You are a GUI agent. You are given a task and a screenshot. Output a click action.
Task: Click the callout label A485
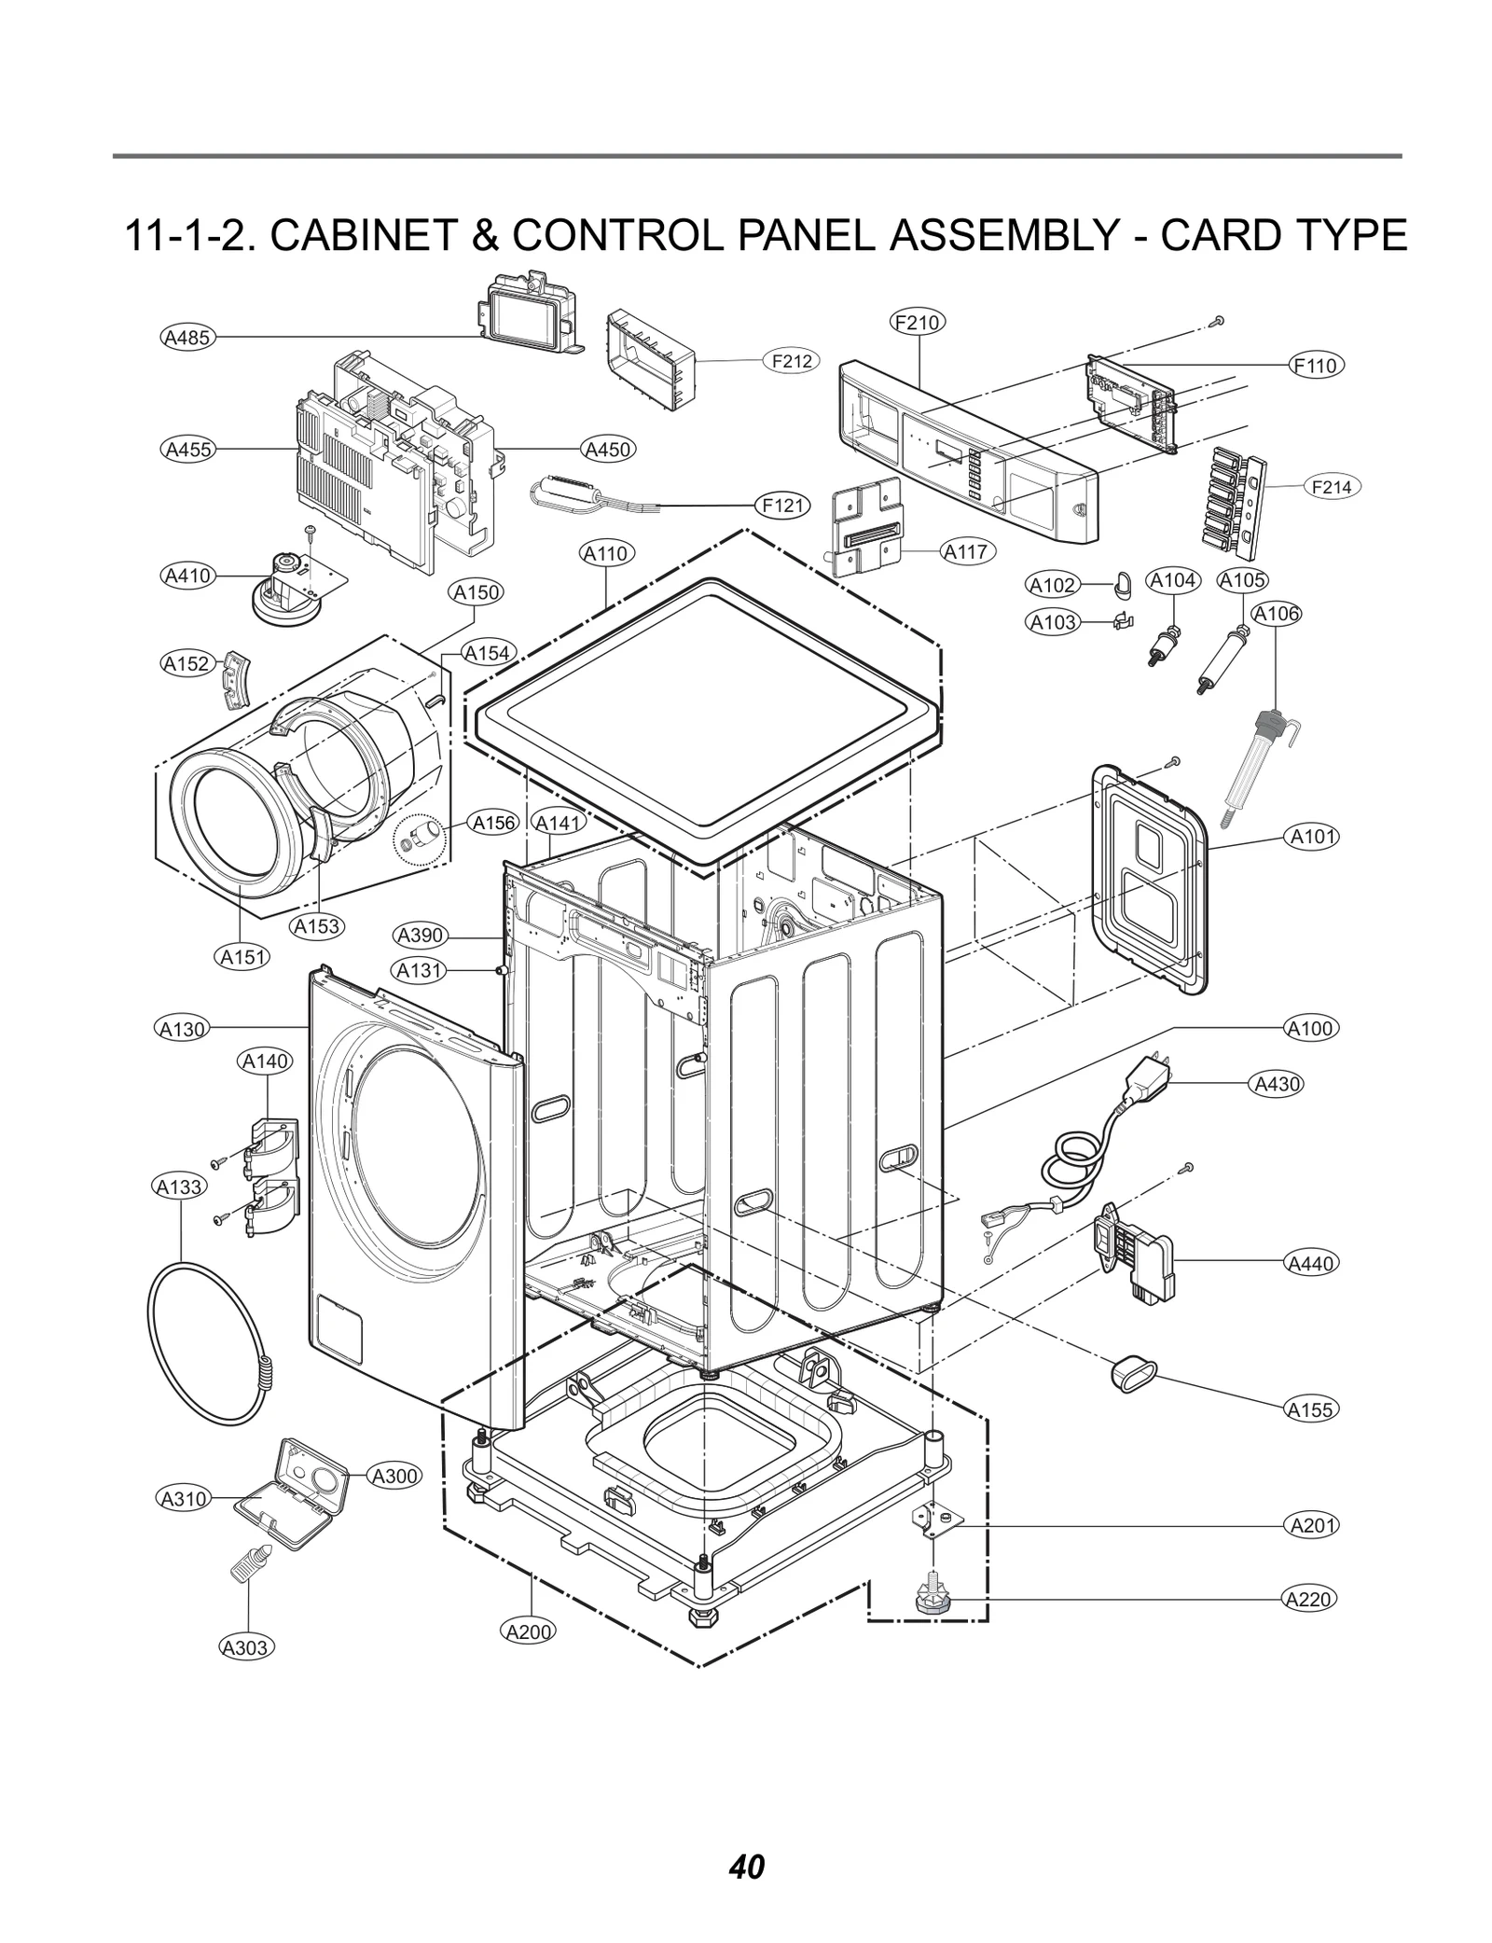click(x=187, y=337)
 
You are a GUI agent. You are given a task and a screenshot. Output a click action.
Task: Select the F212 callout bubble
click(x=791, y=360)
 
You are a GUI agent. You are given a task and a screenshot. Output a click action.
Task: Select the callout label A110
click(x=606, y=553)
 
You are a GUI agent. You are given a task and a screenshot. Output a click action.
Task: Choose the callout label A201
click(x=1311, y=1525)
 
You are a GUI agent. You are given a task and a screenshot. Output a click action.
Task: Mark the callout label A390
click(x=421, y=936)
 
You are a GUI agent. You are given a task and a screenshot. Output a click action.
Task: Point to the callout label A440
click(x=1311, y=1263)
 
